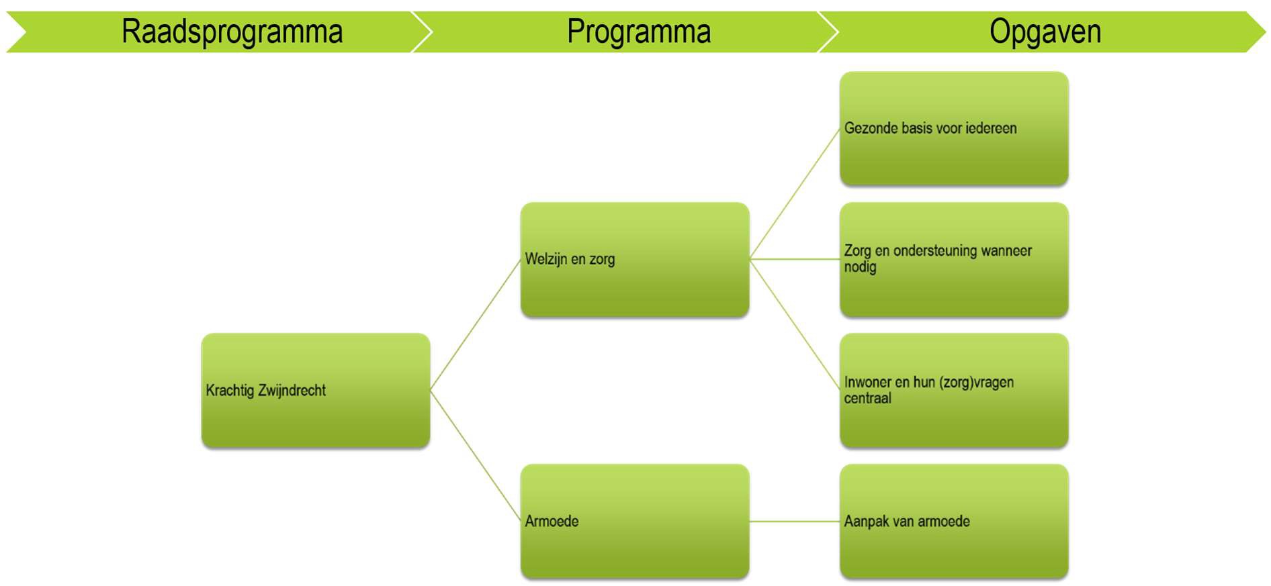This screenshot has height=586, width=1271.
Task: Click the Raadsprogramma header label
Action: point(232,32)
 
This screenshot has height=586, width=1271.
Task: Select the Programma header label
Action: point(638,32)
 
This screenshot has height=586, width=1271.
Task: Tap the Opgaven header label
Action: point(1045,32)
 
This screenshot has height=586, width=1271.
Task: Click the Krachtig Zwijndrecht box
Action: point(316,390)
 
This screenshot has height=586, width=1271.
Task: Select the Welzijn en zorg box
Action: point(635,259)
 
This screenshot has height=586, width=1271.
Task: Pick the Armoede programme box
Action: point(635,521)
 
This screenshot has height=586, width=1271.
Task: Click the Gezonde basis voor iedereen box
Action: point(954,128)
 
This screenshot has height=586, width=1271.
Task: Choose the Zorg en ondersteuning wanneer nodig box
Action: point(954,259)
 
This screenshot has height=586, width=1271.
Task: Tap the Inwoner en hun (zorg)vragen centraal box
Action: point(954,390)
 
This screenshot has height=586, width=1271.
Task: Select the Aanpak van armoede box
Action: point(954,521)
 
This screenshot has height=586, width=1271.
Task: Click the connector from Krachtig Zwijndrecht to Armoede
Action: point(475,456)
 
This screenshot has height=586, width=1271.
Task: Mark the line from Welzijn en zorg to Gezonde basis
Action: point(795,193)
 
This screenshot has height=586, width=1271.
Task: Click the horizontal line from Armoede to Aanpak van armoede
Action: point(795,521)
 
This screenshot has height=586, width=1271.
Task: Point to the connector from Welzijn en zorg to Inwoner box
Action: point(795,325)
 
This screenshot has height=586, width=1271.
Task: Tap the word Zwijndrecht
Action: point(292,391)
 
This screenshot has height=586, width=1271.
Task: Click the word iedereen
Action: point(991,128)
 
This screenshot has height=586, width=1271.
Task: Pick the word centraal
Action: point(867,399)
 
